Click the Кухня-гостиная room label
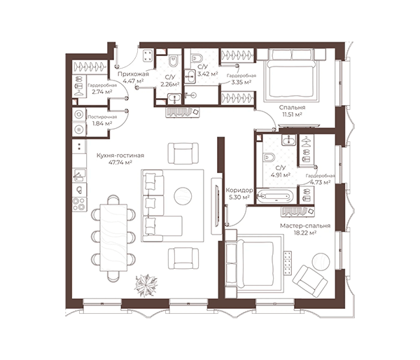pos(120,155)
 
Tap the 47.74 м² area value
pos(120,162)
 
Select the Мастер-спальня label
pos(305,226)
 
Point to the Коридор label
pos(239,191)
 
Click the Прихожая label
pos(133,74)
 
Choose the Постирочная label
pos(102,117)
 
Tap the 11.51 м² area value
pos(292,114)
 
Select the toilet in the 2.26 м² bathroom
pos(174,61)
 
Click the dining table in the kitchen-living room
pos(113,237)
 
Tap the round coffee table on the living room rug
pos(183,196)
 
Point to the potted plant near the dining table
pos(146,285)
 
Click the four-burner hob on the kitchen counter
pos(79,205)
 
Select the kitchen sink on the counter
pos(79,175)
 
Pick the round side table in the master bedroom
pos(321,261)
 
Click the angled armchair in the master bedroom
pos(310,282)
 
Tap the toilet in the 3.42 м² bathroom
pos(197,57)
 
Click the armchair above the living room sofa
pos(183,153)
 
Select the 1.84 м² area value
pos(102,123)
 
